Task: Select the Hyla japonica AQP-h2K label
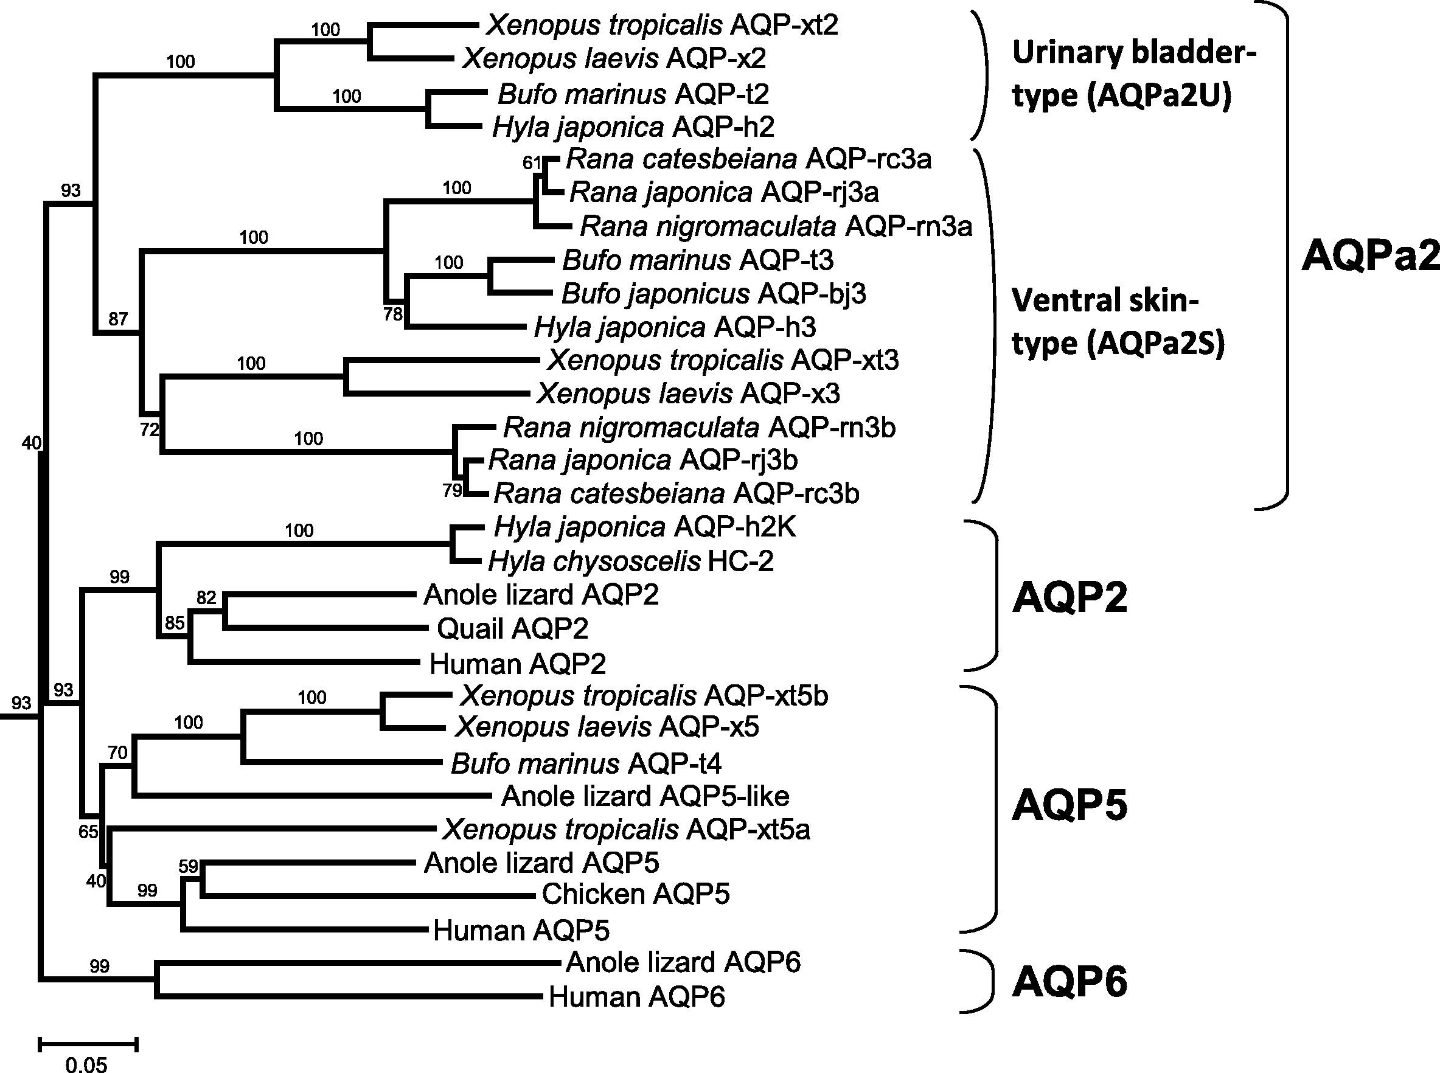click(645, 527)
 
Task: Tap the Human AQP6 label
click(636, 996)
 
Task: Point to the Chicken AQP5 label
click(635, 894)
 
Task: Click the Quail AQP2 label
click(512, 628)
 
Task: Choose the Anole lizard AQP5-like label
click(645, 796)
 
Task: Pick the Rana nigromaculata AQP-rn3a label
click(776, 226)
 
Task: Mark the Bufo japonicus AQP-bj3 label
click(713, 294)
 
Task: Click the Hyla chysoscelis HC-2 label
click(631, 561)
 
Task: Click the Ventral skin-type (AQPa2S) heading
click(1117, 322)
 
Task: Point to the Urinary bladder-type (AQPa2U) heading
click(1133, 74)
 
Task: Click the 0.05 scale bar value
click(86, 1064)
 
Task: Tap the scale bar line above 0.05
click(88, 1044)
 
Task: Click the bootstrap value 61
click(531, 162)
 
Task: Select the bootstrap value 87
click(118, 319)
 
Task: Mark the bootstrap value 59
click(188, 866)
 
